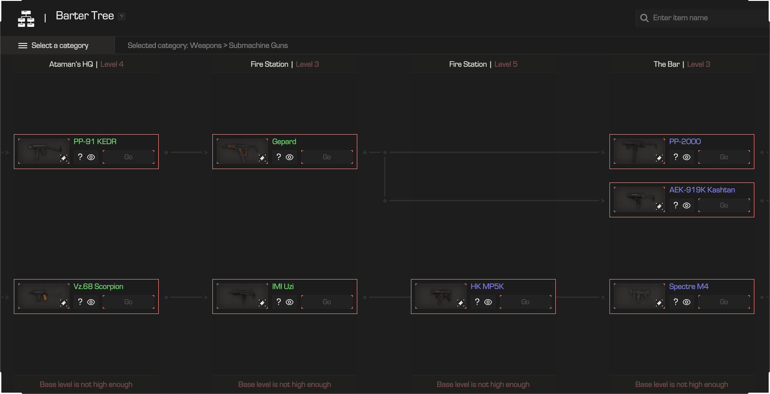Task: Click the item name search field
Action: pos(702,18)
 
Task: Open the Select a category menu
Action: pos(53,46)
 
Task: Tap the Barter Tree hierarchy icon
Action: pos(26,19)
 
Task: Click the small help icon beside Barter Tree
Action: pos(122,17)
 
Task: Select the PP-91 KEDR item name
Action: pos(95,142)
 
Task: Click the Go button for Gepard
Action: pos(327,157)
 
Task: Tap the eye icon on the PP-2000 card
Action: pos(686,157)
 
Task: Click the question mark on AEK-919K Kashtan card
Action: pos(676,205)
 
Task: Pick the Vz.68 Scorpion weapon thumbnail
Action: pos(43,296)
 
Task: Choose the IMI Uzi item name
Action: pos(283,287)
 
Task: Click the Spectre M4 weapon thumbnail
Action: pos(639,296)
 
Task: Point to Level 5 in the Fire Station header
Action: pos(506,64)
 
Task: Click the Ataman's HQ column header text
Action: pos(71,64)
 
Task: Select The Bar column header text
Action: pos(666,64)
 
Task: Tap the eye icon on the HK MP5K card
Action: pos(488,302)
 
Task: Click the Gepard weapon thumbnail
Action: pos(242,151)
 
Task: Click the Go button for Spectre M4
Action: pos(724,302)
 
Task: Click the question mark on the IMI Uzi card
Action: pos(279,302)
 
